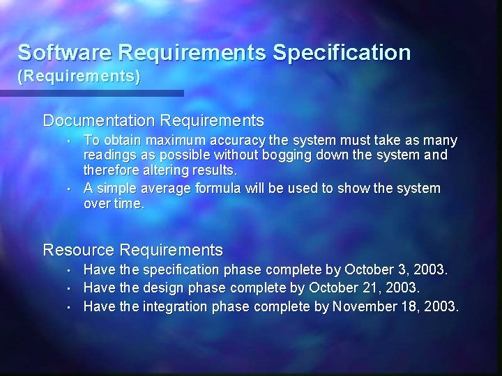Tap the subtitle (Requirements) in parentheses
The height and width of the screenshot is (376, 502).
pyautogui.click(x=79, y=77)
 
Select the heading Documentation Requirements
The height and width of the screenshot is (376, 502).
pyautogui.click(x=153, y=120)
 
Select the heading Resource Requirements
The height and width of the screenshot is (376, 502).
pyautogui.click(x=133, y=249)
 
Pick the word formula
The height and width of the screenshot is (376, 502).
pyautogui.click(x=218, y=188)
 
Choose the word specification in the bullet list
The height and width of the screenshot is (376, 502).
pyautogui.click(x=180, y=269)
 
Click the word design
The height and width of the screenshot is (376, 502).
pyautogui.click(x=162, y=288)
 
